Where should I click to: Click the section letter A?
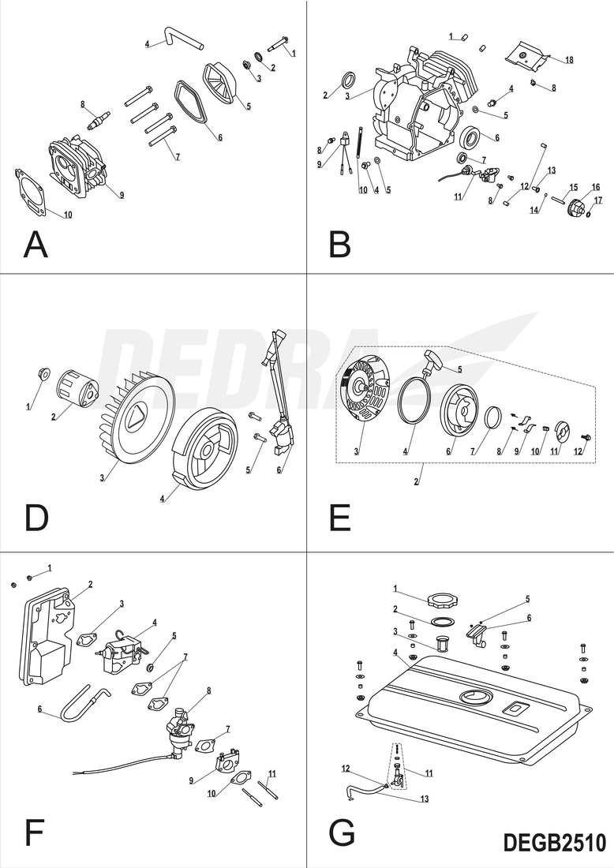tap(36, 245)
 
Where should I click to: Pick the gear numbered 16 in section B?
tap(578, 209)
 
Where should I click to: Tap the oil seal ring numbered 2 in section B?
tap(349, 80)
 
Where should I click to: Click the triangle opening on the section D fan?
tap(135, 413)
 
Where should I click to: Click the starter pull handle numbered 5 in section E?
tap(435, 363)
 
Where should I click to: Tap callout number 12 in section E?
tap(578, 451)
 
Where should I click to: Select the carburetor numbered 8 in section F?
tap(181, 731)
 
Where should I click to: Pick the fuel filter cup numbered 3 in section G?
tap(441, 645)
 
